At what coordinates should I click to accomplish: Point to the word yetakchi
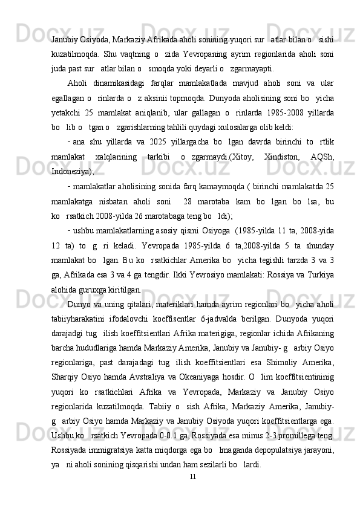(x=65, y=112)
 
